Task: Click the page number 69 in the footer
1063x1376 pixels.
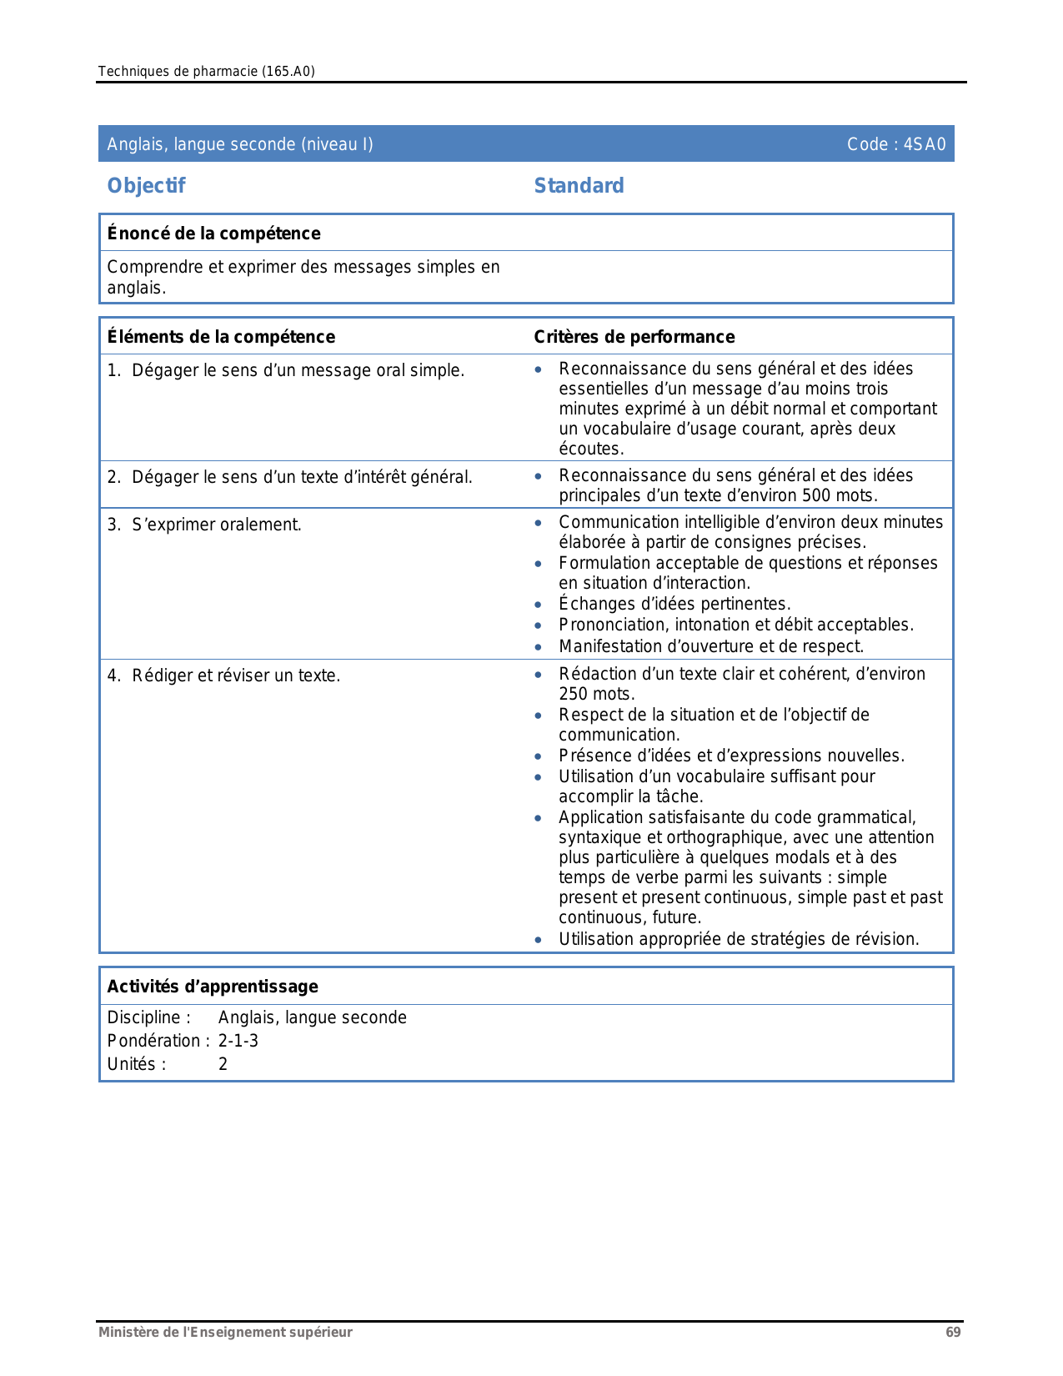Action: click(x=953, y=1332)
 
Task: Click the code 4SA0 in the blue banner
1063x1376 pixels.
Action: click(x=925, y=144)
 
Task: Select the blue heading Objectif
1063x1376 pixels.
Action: click(x=146, y=186)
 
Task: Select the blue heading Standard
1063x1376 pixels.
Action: click(x=579, y=186)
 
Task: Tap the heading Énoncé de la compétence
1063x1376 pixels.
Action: click(x=213, y=234)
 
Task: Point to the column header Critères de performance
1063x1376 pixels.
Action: click(x=634, y=337)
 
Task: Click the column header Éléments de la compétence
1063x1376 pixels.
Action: click(x=221, y=337)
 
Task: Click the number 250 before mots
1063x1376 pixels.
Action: click(x=574, y=694)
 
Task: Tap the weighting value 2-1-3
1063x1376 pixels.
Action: click(x=238, y=1041)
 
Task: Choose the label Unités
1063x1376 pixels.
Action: click(x=136, y=1064)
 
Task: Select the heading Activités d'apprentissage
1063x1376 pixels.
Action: click(x=213, y=987)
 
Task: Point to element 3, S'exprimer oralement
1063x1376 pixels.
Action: click(x=216, y=525)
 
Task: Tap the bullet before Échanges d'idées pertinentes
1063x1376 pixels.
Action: click(x=539, y=605)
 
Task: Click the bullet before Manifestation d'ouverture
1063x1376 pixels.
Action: click(x=539, y=647)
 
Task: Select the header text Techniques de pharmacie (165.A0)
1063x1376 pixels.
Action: click(x=206, y=71)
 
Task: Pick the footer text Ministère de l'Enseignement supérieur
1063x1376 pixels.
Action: click(x=225, y=1332)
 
